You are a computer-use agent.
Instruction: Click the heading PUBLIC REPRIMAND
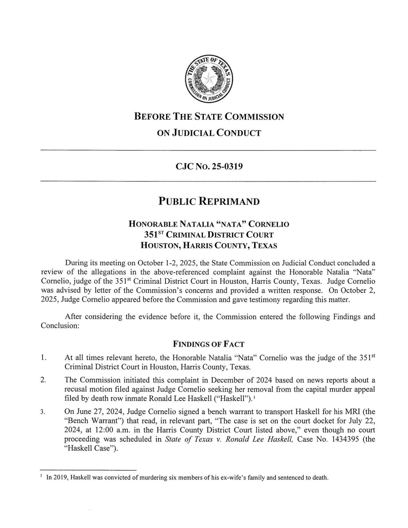click(x=209, y=202)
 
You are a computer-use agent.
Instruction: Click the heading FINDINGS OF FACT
click(x=209, y=344)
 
